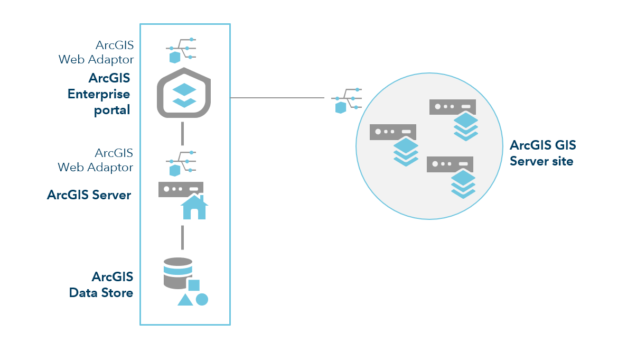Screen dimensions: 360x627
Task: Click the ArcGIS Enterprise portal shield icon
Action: tap(184, 94)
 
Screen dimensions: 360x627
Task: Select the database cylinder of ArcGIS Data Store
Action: tap(178, 273)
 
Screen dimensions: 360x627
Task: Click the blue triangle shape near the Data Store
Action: tap(185, 300)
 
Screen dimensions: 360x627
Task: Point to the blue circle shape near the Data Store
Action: tap(202, 300)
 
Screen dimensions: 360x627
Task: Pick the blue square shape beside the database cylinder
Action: tap(194, 285)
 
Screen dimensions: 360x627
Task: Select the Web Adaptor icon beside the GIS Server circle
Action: tap(347, 100)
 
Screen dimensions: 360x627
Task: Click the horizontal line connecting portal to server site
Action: tap(277, 98)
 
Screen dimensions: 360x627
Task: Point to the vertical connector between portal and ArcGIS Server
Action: tap(182, 133)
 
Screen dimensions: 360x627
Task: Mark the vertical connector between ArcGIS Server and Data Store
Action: tap(182, 237)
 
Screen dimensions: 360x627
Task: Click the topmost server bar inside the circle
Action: tap(453, 107)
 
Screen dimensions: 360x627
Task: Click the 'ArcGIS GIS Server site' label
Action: tap(542, 153)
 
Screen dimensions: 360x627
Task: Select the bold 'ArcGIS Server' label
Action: tap(89, 195)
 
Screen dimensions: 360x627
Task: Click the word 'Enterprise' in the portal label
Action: tap(99, 95)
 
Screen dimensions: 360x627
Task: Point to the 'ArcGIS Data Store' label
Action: tap(101, 284)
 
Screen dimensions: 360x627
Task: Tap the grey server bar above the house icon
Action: tap(181, 189)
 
